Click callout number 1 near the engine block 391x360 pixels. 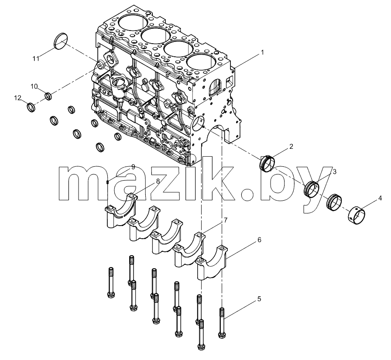pyautogui.click(x=262, y=52)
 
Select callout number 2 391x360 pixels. pyautogui.click(x=291, y=147)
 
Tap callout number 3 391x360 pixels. pyautogui.click(x=335, y=171)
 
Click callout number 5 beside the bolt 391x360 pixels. pyautogui.click(x=259, y=298)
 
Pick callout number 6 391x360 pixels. pyautogui.click(x=259, y=240)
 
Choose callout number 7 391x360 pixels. pyautogui.click(x=226, y=220)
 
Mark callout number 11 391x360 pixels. pyautogui.click(x=36, y=58)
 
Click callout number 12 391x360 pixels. pyautogui.click(x=18, y=98)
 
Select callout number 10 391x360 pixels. pyautogui.click(x=34, y=86)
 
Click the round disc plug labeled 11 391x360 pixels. pyautogui.click(x=61, y=41)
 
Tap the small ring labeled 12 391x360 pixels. pyautogui.click(x=31, y=107)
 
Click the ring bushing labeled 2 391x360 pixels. pyautogui.click(x=268, y=164)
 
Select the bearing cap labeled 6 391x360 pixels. pyautogui.click(x=212, y=262)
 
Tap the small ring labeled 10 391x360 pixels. pyautogui.click(x=48, y=96)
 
